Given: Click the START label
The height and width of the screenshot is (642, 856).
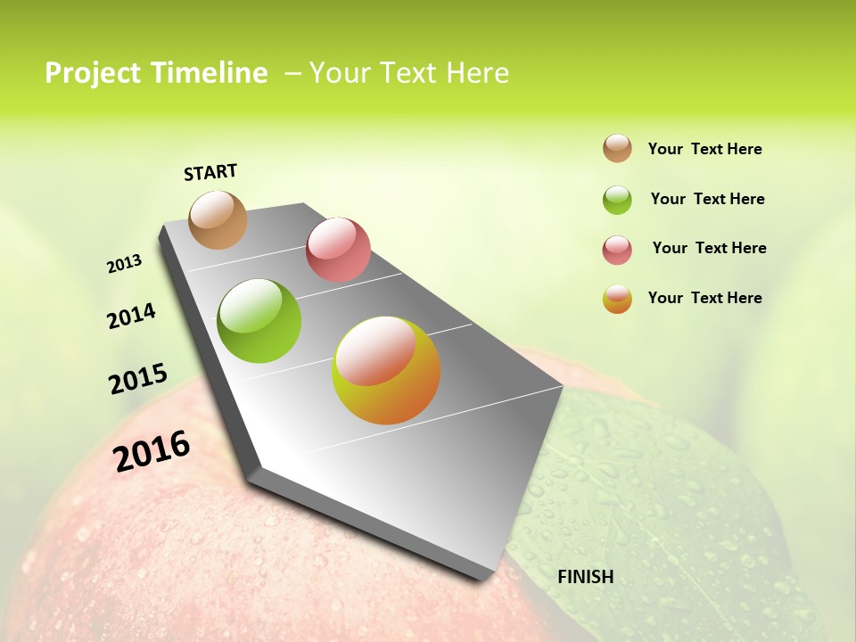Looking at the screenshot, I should click(210, 172).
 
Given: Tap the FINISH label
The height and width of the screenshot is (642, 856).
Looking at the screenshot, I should click(585, 577).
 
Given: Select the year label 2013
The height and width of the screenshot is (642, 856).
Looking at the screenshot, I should click(125, 264).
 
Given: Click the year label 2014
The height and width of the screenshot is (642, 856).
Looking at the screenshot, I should click(131, 316).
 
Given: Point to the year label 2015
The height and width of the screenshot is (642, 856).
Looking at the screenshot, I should click(138, 378).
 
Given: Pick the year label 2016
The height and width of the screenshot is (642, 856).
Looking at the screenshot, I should click(152, 450).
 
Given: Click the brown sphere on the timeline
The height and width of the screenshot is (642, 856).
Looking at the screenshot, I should click(218, 219).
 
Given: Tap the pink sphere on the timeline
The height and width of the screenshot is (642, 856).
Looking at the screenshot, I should click(338, 250).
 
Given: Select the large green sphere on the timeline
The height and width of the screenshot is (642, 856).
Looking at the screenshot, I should click(259, 321).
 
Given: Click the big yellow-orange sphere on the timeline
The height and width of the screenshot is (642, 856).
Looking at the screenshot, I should click(386, 370).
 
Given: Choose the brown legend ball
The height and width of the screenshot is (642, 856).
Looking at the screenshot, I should click(617, 148).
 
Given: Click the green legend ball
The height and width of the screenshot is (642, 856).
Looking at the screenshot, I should click(617, 200).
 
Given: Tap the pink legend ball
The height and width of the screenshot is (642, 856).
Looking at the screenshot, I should click(617, 250).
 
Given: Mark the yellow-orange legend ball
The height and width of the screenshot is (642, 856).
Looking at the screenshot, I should click(617, 299).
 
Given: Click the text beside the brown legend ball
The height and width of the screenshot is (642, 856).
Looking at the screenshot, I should click(704, 149).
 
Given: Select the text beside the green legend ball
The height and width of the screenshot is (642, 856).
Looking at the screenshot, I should click(707, 199).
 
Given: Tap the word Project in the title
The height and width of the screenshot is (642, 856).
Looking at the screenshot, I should click(91, 73).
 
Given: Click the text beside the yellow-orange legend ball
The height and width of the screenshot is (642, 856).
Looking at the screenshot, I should click(704, 298).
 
